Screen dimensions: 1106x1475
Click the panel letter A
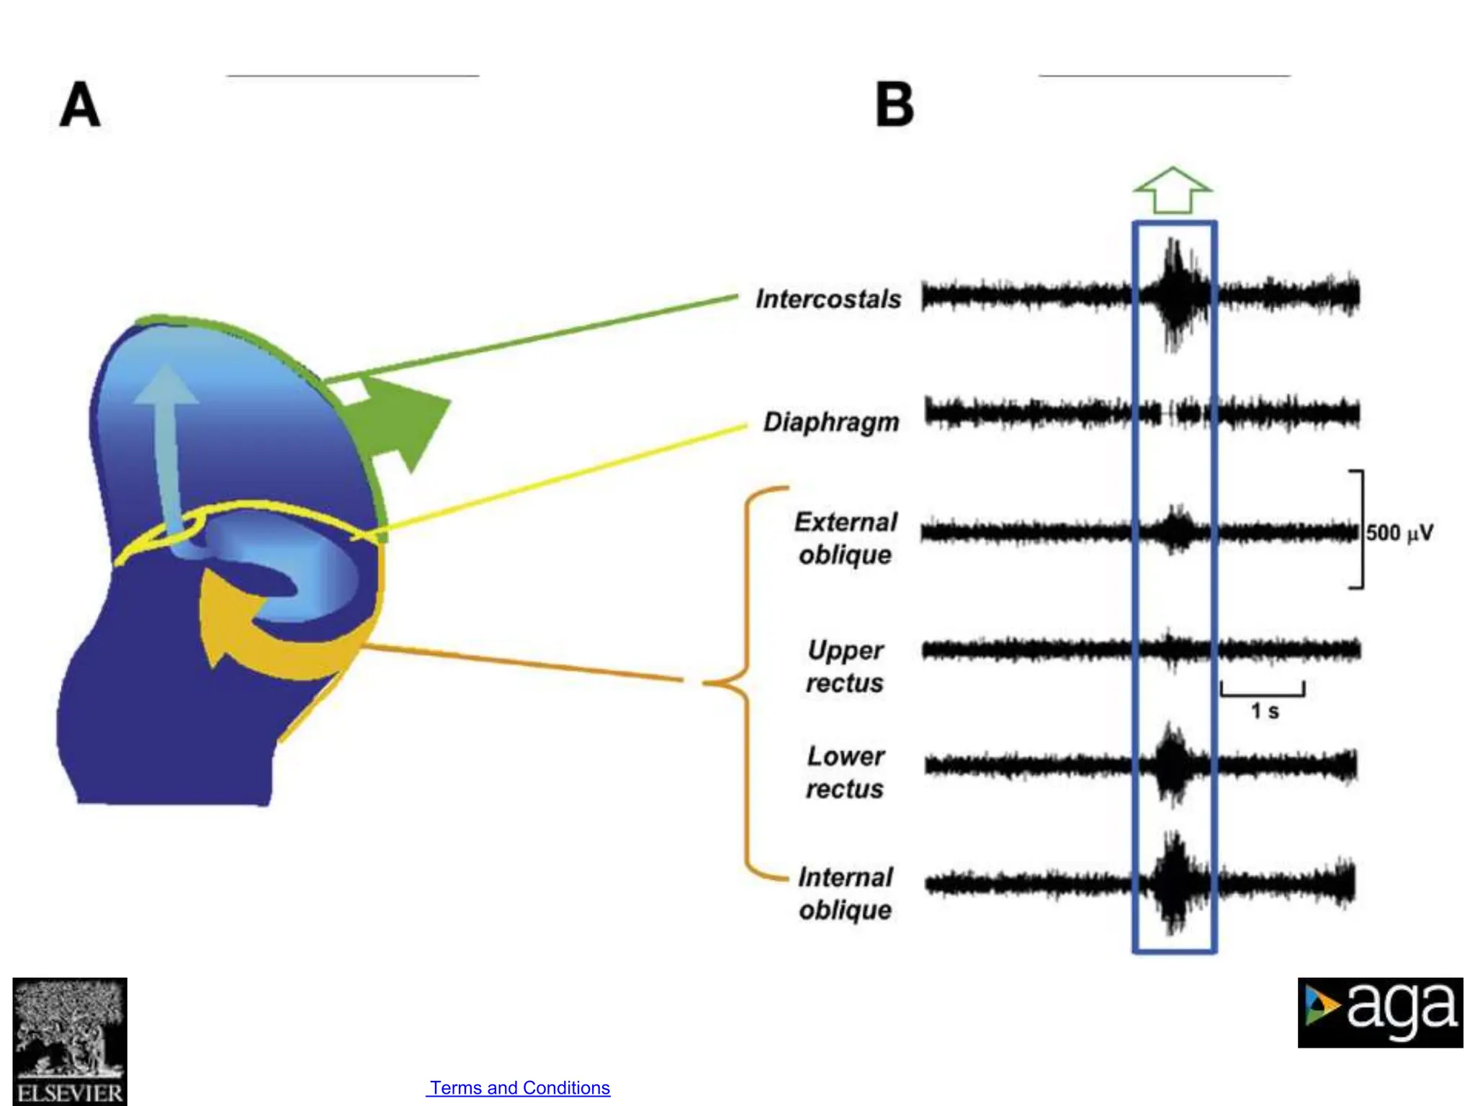(x=79, y=105)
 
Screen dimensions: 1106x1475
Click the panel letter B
(x=895, y=105)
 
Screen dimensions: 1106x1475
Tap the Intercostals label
(x=828, y=299)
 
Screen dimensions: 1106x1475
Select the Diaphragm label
(x=831, y=422)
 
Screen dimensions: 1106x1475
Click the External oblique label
(x=846, y=538)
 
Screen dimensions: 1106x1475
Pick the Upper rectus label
(x=845, y=666)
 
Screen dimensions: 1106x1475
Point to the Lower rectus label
(x=845, y=772)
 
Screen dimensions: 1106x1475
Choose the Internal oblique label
(x=846, y=893)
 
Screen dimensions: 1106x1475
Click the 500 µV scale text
(x=1399, y=533)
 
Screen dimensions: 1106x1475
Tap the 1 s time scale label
(x=1265, y=711)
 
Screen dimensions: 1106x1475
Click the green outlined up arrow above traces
(x=1173, y=191)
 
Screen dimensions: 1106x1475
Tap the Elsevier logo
(x=70, y=1040)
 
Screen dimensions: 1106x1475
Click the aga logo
(x=1380, y=1012)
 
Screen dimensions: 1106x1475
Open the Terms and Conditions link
(x=519, y=1087)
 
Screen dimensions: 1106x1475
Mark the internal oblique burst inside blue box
(x=1174, y=882)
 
